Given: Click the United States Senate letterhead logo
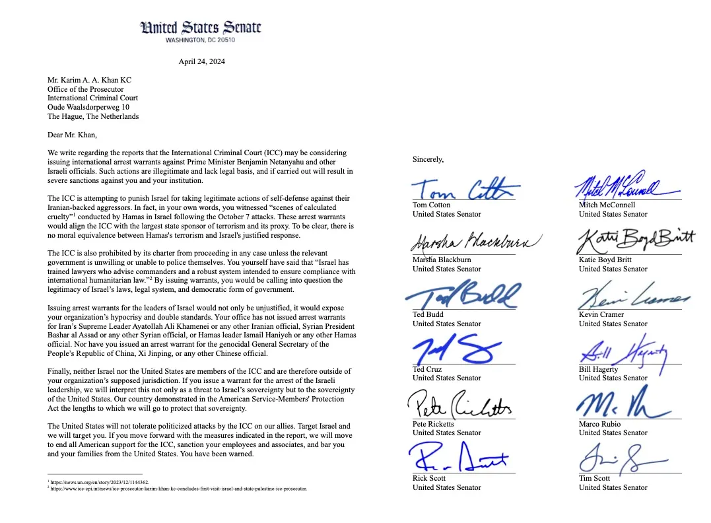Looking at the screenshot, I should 201,28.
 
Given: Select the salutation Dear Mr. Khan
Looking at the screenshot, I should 72,135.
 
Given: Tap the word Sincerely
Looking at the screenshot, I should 428,159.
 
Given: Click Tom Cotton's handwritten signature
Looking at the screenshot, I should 462,189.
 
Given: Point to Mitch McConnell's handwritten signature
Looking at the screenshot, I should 621,186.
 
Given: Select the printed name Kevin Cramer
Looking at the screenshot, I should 601,315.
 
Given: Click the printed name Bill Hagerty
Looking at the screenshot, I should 599,370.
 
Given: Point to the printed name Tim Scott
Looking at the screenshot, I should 595,478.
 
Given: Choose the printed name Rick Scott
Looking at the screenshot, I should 429,478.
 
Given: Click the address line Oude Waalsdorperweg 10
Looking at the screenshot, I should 88,108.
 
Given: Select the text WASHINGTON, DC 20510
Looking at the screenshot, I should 201,40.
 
